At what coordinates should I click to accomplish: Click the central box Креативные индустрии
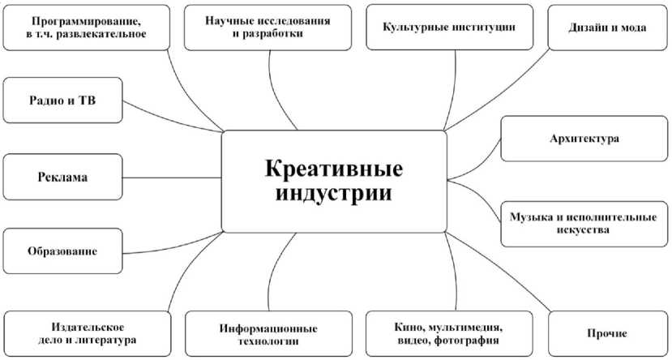coord(333,181)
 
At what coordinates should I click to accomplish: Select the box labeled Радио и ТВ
coord(62,101)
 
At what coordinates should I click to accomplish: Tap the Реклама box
coord(62,176)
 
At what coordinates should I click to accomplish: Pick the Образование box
coord(62,251)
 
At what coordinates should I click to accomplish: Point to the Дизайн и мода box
coord(606,27)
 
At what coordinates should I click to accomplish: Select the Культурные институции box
coord(449,27)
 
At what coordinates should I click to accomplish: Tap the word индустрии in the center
coord(333,195)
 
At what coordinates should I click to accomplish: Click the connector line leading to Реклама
coord(172,177)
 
